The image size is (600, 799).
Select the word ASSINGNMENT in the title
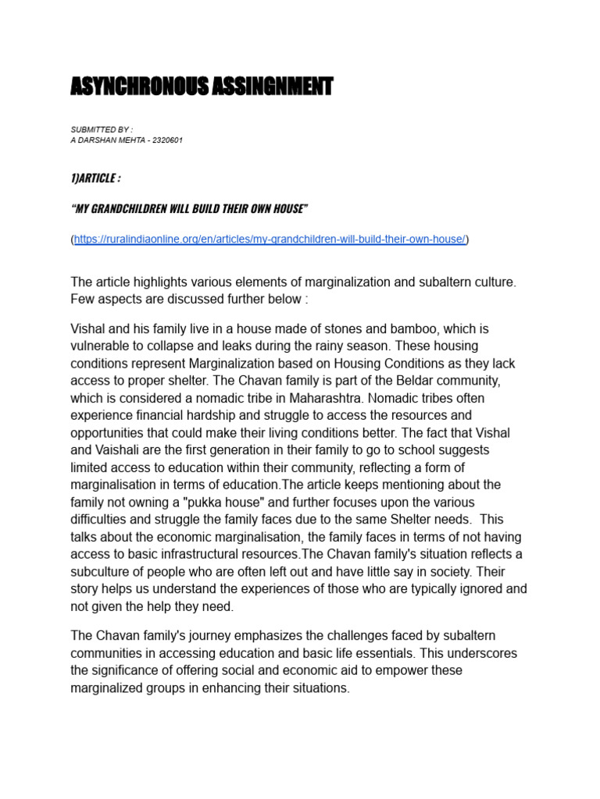click(x=271, y=87)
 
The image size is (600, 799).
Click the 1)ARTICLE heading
click(x=95, y=179)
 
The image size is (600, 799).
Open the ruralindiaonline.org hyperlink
click(x=270, y=240)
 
